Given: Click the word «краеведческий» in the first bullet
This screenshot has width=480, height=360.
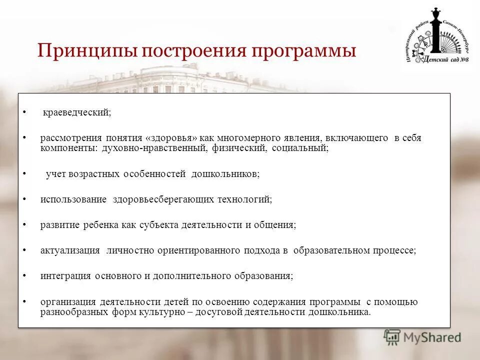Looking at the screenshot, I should pyautogui.click(x=76, y=113).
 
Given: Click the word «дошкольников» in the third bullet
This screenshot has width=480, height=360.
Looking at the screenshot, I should pyautogui.click(x=225, y=174).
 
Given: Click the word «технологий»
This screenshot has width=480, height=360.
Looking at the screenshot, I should pyautogui.click(x=244, y=199).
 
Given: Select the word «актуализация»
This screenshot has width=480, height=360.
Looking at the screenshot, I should pyautogui.click(x=70, y=250).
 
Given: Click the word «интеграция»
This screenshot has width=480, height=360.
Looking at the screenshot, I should pyautogui.click(x=65, y=276).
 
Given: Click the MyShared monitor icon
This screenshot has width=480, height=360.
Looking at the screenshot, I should pyautogui.click(x=392, y=337).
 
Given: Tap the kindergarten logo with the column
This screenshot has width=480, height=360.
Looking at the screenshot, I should pyautogui.click(x=437, y=38).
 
